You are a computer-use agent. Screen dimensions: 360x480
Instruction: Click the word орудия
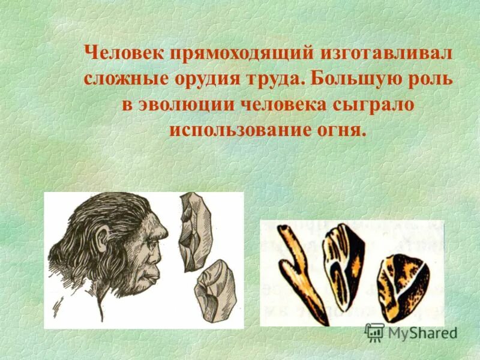208,79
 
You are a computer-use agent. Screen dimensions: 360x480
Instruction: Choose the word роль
431,79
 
